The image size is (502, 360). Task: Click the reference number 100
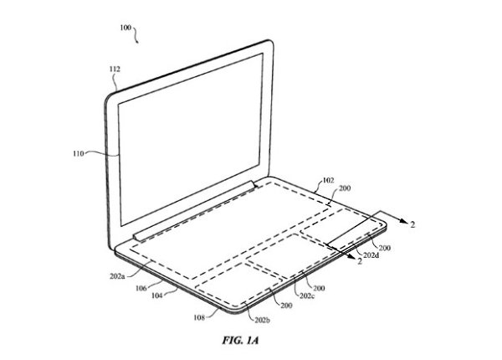click(125, 28)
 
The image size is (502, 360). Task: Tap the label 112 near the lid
click(115, 69)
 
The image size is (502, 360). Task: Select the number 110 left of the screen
click(79, 154)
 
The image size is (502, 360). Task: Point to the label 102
click(328, 181)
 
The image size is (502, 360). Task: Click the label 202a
click(117, 276)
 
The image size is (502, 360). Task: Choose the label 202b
click(262, 320)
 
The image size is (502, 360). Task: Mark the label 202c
click(307, 296)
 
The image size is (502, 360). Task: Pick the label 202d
click(371, 255)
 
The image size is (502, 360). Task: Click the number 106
click(141, 288)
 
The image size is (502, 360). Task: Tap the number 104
click(157, 296)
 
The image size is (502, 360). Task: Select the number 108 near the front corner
click(199, 318)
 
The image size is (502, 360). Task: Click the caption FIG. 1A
click(240, 340)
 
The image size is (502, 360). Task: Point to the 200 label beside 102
click(345, 188)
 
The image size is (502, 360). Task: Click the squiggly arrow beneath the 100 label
click(136, 34)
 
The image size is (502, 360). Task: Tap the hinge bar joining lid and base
click(195, 210)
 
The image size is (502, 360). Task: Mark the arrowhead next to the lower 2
click(351, 256)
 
